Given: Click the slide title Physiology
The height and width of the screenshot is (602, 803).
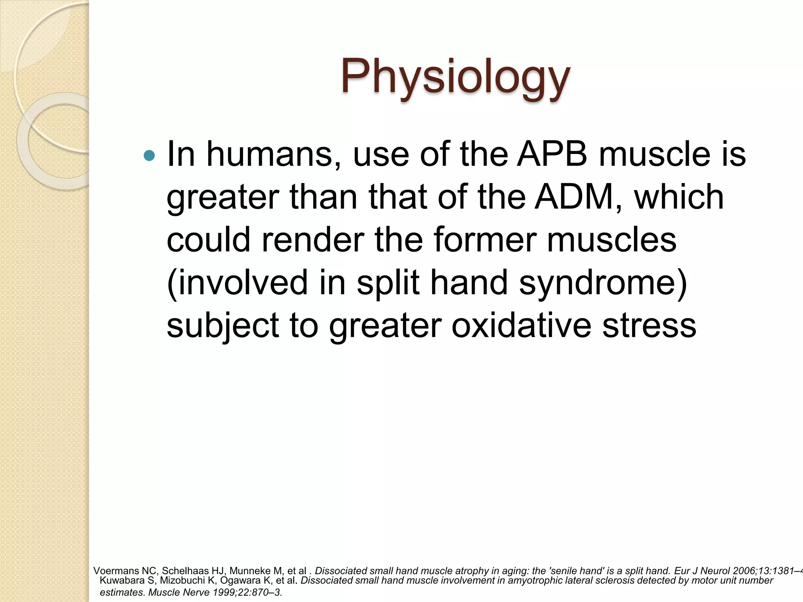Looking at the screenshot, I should [x=455, y=77].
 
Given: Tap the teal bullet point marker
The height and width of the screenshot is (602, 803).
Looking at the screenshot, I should [x=149, y=156].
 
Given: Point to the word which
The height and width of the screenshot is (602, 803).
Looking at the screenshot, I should [x=679, y=197].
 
